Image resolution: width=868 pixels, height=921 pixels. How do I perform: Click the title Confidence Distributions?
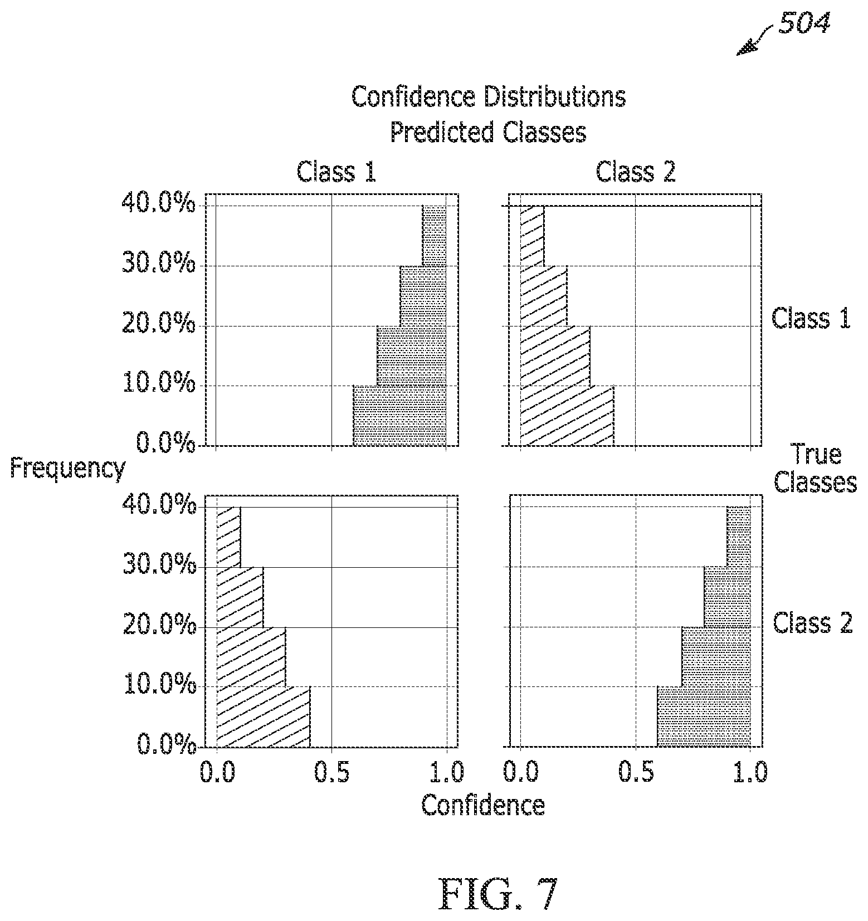[489, 97]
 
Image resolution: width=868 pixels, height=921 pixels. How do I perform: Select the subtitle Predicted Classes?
[488, 133]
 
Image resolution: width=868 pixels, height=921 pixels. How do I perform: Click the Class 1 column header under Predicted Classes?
[337, 172]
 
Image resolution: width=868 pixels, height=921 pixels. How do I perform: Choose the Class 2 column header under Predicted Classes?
[636, 172]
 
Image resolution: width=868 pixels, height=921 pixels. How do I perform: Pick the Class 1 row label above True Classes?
[811, 319]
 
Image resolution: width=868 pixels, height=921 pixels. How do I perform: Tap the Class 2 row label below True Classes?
[813, 622]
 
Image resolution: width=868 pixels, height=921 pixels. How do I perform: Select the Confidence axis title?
[483, 806]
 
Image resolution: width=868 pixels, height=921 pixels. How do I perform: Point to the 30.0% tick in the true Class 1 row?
[159, 265]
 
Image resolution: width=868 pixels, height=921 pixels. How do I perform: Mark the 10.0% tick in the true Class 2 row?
[159, 686]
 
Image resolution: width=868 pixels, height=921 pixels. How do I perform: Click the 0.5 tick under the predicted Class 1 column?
[332, 772]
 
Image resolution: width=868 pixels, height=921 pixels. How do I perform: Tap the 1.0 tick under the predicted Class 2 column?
[750, 772]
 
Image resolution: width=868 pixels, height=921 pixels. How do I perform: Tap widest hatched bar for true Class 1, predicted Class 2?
[567, 416]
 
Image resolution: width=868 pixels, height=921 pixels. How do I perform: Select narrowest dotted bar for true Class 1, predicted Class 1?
[434, 236]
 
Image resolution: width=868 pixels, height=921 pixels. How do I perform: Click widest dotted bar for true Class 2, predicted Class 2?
[704, 717]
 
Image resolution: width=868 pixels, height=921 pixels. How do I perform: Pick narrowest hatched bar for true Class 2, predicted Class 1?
[228, 537]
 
